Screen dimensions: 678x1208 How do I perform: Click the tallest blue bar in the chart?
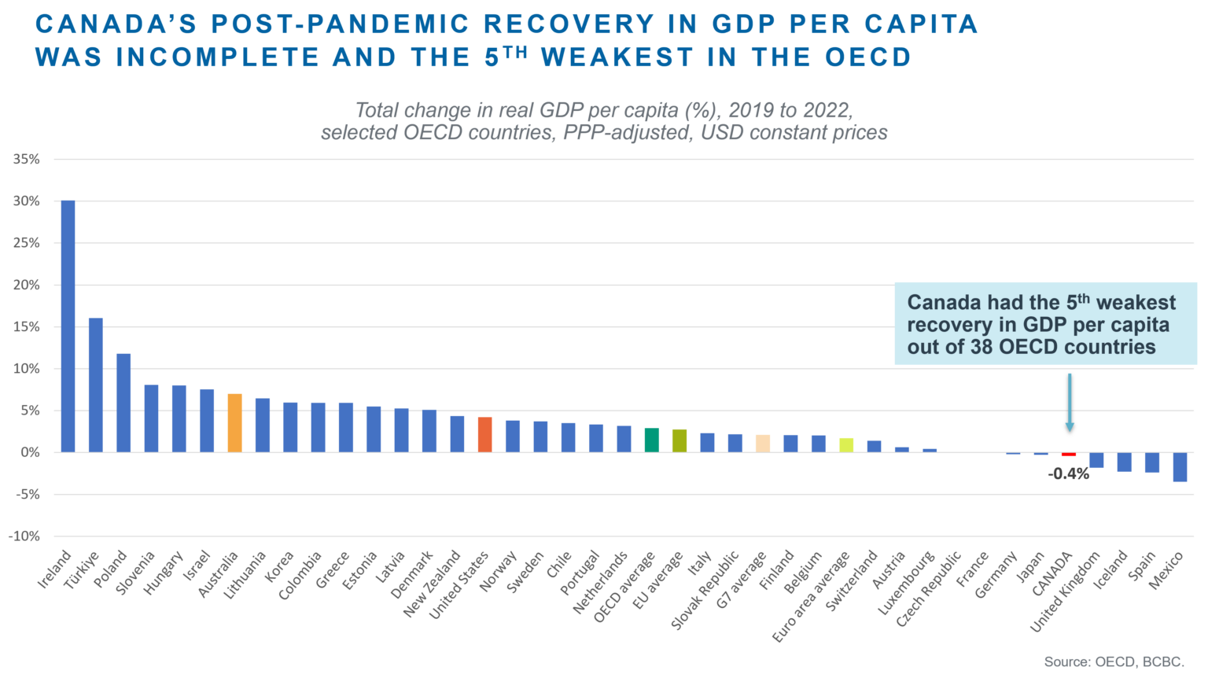click(68, 326)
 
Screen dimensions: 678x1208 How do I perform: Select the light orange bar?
click(234, 425)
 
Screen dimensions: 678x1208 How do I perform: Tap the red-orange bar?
click(491, 435)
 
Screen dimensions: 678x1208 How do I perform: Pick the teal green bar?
click(657, 440)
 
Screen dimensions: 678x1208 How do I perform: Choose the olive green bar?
click(685, 441)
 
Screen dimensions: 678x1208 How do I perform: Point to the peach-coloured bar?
click(768, 443)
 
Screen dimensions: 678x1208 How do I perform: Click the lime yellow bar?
click(853, 445)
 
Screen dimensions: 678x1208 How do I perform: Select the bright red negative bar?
click(1069, 460)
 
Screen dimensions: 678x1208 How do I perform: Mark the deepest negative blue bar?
click(1180, 473)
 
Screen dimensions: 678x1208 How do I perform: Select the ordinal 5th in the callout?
click(1077, 301)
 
